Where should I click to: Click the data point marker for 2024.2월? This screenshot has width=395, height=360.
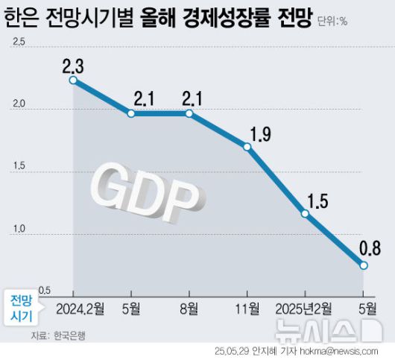tap(73, 80)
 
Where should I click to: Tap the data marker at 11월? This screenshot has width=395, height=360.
tap(247, 147)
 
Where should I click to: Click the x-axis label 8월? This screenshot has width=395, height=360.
tap(189, 306)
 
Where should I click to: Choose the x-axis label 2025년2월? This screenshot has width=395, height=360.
tap(305, 306)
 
